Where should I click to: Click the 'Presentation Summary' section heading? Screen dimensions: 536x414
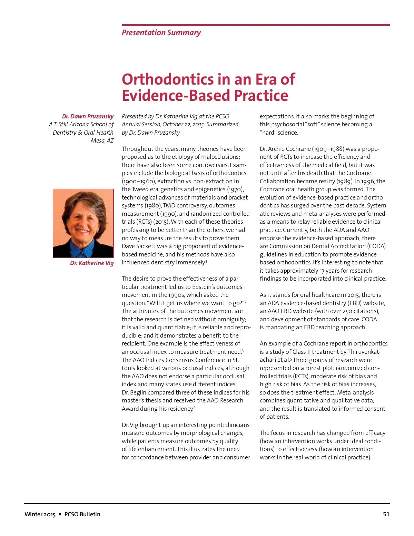pyautogui.click(x=161, y=33)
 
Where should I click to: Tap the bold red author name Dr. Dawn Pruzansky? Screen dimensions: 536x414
pyautogui.click(x=88, y=116)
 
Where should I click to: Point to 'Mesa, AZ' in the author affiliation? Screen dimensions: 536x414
pyautogui.click(x=102, y=140)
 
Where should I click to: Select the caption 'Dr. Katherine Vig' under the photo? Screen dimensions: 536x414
pyautogui.click(x=91, y=263)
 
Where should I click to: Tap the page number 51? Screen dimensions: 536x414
pyautogui.click(x=386, y=514)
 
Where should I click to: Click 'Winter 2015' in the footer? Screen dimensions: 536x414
pyautogui.click(x=40, y=514)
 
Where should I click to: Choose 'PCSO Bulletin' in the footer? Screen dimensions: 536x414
pyautogui.click(x=82, y=514)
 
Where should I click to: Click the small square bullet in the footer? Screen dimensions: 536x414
pyautogui.click(x=60, y=514)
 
